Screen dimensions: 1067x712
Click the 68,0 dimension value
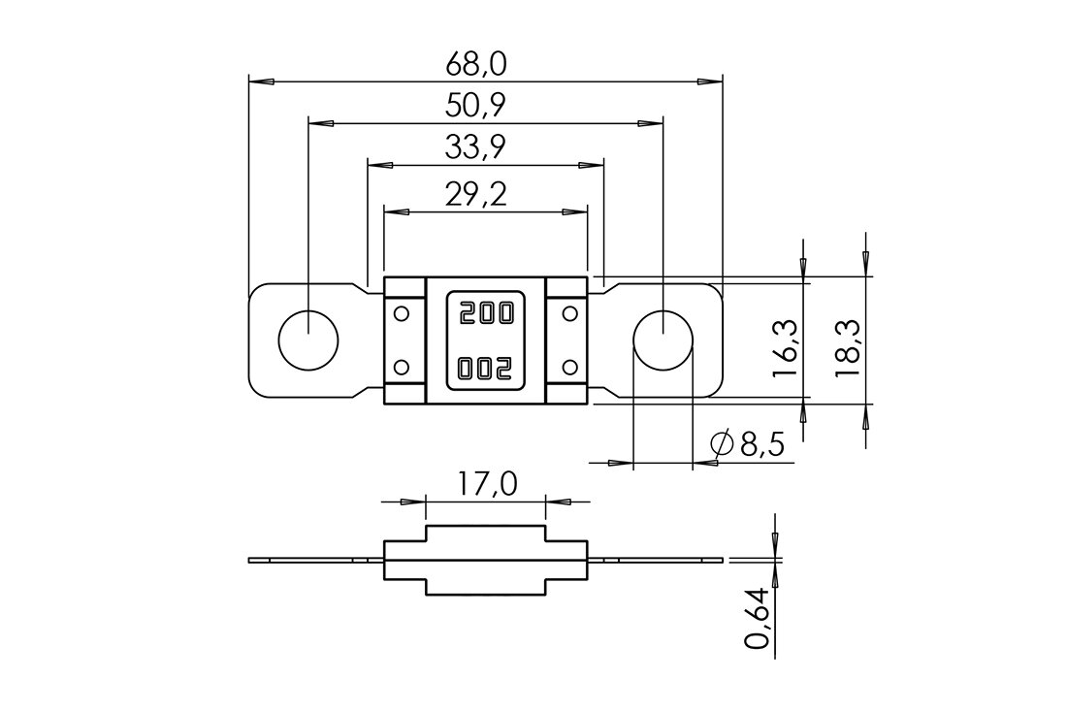click(x=476, y=64)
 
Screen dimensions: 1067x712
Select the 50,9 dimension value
click(x=476, y=106)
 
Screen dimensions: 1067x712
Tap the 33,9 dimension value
click(x=476, y=147)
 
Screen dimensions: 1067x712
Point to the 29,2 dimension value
click(x=476, y=195)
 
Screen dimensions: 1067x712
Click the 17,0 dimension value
click(x=487, y=484)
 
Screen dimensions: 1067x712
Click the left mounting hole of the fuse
click(x=308, y=340)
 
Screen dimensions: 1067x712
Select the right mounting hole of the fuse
click(x=663, y=340)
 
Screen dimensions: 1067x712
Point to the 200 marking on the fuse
click(x=487, y=313)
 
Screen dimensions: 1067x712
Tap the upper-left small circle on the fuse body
click(x=402, y=313)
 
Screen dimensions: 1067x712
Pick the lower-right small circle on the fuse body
click(x=570, y=368)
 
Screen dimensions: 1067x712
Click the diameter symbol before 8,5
click(x=722, y=444)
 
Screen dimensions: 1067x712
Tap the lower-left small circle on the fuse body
click(x=402, y=368)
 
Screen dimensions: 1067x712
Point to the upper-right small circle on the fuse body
click(x=570, y=313)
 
